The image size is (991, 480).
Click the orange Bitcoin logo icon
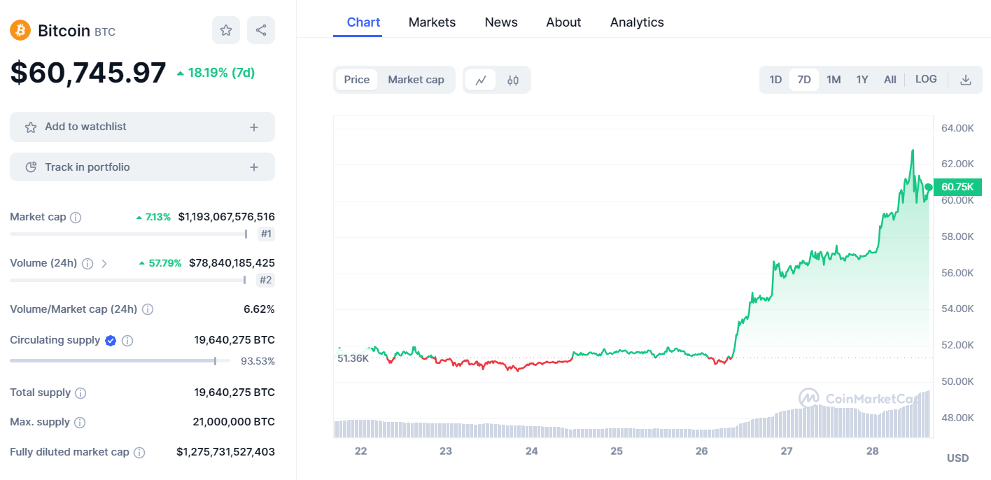[20, 30]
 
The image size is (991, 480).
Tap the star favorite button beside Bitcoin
[226, 30]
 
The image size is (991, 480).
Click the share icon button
[261, 30]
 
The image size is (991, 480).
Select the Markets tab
[432, 22]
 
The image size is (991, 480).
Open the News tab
[501, 22]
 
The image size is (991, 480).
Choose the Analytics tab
[637, 22]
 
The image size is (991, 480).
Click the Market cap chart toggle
[416, 80]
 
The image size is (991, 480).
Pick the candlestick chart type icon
[513, 80]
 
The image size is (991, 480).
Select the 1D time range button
[775, 80]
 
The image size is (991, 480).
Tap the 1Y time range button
[862, 80]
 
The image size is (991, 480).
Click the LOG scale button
[926, 79]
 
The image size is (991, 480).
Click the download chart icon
[966, 80]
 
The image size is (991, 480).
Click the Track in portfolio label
[87, 167]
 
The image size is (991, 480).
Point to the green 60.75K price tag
[957, 187]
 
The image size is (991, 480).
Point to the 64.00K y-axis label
[957, 128]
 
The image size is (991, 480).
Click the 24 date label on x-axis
[531, 451]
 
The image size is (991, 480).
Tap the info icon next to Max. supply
[80, 423]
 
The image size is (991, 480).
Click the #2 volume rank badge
[265, 280]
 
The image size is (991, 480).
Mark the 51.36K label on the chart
[353, 358]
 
